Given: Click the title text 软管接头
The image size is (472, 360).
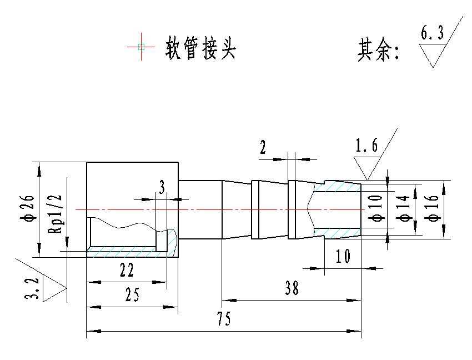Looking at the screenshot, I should (x=201, y=49).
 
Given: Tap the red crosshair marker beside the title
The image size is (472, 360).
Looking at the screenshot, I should (x=141, y=47).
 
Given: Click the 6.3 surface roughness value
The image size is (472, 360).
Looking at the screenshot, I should (x=432, y=34).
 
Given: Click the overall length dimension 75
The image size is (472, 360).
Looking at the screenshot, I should (x=224, y=319).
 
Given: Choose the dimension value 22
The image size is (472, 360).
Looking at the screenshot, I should (x=127, y=270).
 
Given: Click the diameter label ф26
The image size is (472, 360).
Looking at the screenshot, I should (x=29, y=209).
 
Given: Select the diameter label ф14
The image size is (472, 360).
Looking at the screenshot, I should (x=404, y=208).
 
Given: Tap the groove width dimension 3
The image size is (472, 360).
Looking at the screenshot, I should (x=162, y=188).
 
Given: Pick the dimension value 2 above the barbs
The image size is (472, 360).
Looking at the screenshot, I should (x=263, y=148).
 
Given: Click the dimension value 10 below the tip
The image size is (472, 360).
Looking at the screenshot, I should (x=343, y=256).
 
